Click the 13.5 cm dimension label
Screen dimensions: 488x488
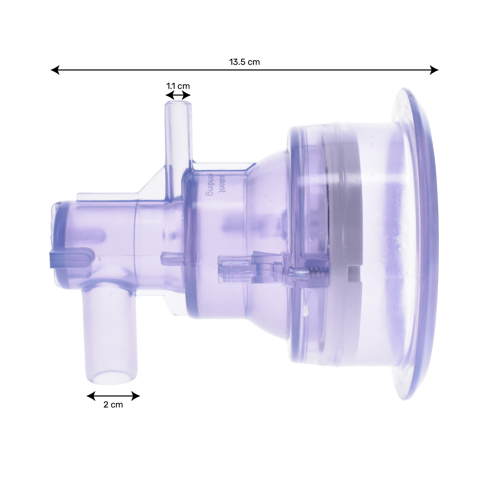tap(244, 62)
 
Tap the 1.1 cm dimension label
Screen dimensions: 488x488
tap(178, 86)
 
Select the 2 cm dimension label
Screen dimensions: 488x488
tap(113, 405)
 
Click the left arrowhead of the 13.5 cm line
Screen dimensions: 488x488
tap(55, 70)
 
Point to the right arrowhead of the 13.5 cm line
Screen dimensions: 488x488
tap(434, 70)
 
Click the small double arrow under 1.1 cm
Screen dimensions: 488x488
tap(178, 96)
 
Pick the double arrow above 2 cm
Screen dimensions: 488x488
tap(113, 396)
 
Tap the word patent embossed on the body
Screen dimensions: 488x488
tap(222, 183)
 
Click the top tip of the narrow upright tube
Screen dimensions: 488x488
tap(178, 102)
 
